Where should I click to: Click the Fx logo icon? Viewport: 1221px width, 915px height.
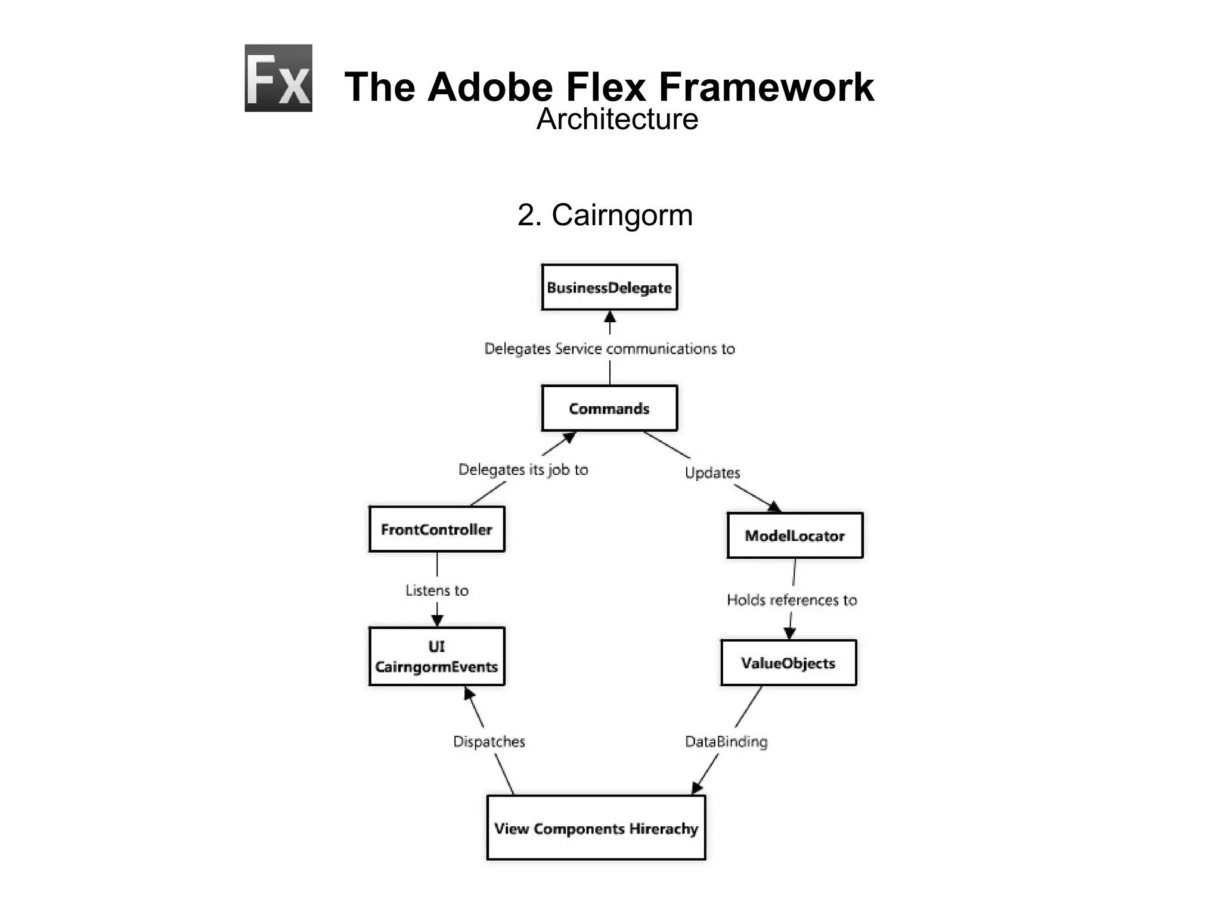pyautogui.click(x=278, y=78)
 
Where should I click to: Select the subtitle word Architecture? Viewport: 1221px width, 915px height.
pyautogui.click(x=617, y=119)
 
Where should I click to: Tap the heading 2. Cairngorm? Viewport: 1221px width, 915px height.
pyautogui.click(x=605, y=215)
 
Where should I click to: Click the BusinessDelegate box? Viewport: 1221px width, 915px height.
pyautogui.click(x=609, y=288)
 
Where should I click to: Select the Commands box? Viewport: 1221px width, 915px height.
pyautogui.click(x=609, y=409)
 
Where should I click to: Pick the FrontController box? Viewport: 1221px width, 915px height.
pyautogui.click(x=436, y=530)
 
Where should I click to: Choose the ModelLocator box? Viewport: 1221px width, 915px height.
pyautogui.click(x=795, y=536)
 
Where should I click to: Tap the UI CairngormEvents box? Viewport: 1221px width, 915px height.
pyautogui.click(x=436, y=656)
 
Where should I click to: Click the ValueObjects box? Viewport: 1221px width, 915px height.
pyautogui.click(x=788, y=663)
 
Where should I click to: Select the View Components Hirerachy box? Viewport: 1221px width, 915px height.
pyautogui.click(x=596, y=828)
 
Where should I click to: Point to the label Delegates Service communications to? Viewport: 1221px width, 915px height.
pyautogui.click(x=609, y=348)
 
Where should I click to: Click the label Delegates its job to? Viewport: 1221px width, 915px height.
pyautogui.click(x=523, y=469)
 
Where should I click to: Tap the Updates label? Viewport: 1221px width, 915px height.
pyautogui.click(x=712, y=473)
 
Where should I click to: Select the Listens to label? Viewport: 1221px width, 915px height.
pyautogui.click(x=436, y=590)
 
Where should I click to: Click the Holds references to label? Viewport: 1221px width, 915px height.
pyautogui.click(x=792, y=600)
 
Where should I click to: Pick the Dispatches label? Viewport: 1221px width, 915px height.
pyautogui.click(x=489, y=742)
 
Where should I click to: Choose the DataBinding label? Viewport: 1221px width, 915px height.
pyautogui.click(x=726, y=742)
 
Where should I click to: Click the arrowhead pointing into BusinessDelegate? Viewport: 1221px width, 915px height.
pyautogui.click(x=609, y=316)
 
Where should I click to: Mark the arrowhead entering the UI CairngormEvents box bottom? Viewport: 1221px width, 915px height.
pyautogui.click(x=469, y=693)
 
